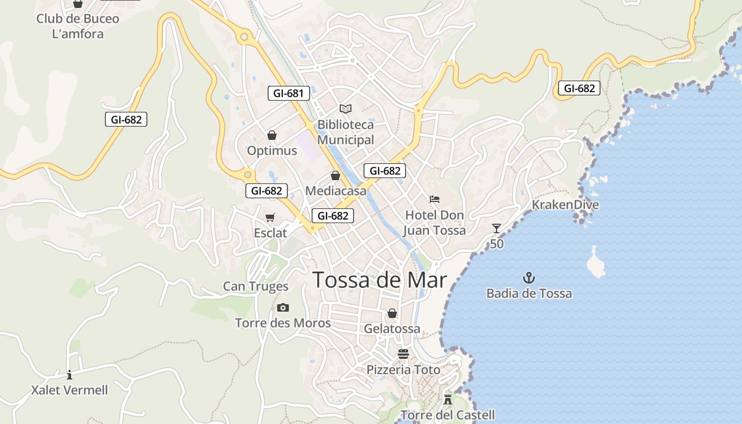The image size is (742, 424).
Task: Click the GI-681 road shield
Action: tap(288, 94)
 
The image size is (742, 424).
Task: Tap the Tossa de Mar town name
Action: tap(379, 280)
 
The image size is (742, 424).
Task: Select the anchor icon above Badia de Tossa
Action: tap(529, 278)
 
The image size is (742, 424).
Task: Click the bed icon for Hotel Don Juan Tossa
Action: tap(435, 199)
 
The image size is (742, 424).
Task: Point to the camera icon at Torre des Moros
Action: tap(283, 307)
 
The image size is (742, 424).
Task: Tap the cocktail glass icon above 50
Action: tap(497, 228)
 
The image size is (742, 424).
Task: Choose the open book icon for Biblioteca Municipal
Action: tap(346, 109)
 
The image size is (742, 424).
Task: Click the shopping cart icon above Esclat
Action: tap(270, 217)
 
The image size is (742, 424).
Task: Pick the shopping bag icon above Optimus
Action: tap(272, 135)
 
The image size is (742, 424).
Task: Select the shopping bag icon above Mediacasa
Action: tap(335, 175)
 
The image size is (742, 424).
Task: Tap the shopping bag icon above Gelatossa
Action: tap(392, 313)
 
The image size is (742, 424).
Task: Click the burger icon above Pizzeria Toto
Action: tap(403, 354)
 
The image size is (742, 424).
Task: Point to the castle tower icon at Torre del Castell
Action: tap(448, 399)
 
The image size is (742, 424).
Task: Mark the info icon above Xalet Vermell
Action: tap(69, 375)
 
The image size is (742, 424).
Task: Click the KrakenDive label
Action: tap(565, 205)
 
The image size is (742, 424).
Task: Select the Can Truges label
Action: tap(255, 287)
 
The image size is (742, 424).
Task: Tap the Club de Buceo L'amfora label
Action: tap(78, 26)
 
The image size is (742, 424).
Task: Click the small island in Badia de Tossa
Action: tap(596, 263)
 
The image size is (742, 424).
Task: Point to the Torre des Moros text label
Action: tap(283, 323)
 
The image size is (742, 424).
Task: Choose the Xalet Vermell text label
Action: tap(69, 391)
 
